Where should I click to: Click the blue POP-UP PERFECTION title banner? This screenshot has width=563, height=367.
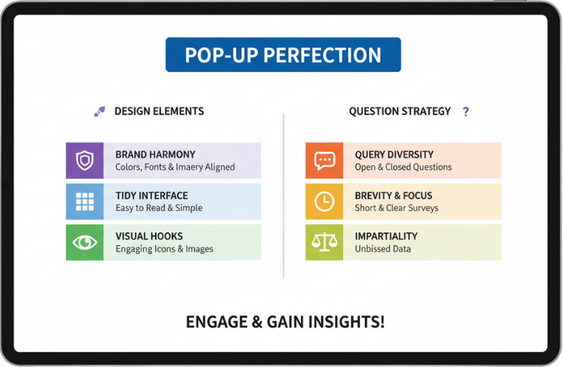tap(283, 55)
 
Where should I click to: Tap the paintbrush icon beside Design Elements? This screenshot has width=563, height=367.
tap(99, 111)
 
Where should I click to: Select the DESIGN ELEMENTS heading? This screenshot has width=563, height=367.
tap(159, 111)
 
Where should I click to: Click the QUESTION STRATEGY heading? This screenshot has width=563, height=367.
tap(400, 111)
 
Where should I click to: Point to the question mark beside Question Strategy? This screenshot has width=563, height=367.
tap(466, 111)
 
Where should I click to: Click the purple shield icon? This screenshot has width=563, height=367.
tap(84, 160)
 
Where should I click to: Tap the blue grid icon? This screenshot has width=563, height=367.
tap(84, 201)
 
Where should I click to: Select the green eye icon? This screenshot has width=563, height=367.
tap(84, 242)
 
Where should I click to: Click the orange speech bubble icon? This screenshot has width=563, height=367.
tap(324, 160)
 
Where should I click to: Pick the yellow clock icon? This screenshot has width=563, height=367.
tap(324, 201)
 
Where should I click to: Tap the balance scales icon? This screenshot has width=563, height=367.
tap(324, 242)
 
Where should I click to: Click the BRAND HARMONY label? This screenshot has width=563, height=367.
tap(155, 155)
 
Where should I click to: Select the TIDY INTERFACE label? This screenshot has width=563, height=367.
tap(151, 196)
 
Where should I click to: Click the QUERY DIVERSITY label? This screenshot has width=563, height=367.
tap(394, 155)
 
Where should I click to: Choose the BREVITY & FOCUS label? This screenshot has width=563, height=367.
tap(393, 196)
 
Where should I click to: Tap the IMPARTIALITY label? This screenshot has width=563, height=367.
tap(386, 236)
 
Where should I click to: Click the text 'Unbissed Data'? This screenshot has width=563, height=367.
tap(383, 249)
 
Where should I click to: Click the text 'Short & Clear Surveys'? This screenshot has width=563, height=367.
tap(396, 208)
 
